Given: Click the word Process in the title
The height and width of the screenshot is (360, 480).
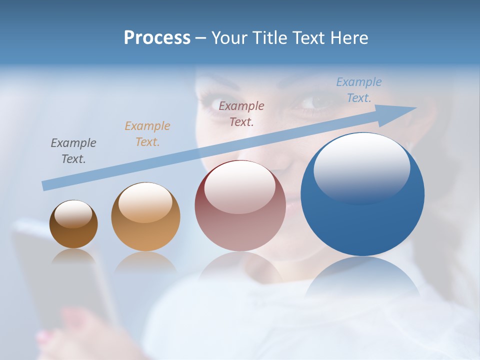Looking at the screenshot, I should click(157, 38).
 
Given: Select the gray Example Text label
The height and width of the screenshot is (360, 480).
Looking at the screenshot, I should click(73, 151).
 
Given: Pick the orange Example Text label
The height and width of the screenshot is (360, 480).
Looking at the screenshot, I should click(147, 133).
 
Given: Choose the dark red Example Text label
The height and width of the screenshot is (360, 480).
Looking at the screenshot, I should click(241, 113).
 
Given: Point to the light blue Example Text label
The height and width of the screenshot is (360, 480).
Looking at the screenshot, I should click(358, 90).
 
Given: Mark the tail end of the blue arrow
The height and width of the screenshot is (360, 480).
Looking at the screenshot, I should click(45, 185).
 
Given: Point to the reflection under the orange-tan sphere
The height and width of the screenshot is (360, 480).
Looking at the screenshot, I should click(145, 262).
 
